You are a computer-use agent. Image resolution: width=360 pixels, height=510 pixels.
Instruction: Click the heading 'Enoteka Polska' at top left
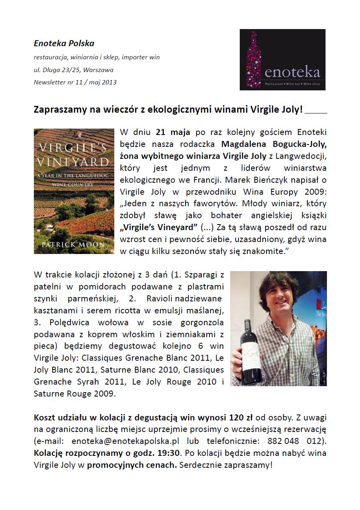point(64,43)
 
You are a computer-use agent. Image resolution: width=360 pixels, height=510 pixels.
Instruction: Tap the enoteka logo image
point(282,60)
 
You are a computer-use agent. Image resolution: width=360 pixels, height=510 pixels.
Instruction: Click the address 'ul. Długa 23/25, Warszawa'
point(73,70)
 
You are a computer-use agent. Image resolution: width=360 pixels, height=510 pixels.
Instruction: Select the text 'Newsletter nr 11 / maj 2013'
point(75,82)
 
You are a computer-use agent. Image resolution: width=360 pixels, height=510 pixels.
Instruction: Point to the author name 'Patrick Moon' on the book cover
point(74,244)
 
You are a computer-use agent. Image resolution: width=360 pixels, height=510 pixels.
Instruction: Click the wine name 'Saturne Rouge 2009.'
point(74,394)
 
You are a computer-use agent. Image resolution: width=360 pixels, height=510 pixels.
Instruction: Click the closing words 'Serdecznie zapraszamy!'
point(226,465)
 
